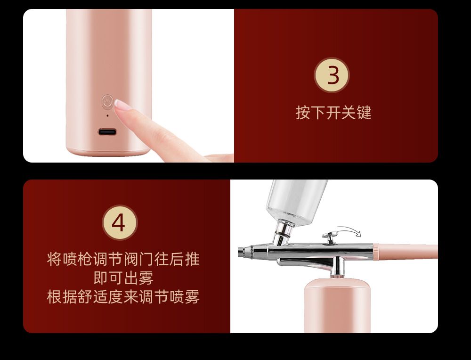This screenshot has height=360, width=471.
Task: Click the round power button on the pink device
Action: point(107,102)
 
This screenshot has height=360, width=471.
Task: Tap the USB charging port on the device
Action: point(107,131)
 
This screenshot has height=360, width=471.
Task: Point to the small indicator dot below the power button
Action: point(107,116)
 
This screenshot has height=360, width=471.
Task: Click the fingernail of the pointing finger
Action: point(122,105)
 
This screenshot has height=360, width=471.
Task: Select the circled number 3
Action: point(332,75)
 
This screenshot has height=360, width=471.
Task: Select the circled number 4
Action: point(120,223)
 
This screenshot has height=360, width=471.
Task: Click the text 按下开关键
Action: point(333,113)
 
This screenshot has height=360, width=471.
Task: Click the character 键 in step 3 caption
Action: point(364,113)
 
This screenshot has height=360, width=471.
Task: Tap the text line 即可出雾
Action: point(123,278)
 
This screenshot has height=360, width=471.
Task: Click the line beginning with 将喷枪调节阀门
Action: point(123,259)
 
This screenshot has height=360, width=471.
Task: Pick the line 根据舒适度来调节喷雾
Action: point(123,297)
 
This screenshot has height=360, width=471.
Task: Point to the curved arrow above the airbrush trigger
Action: point(349,231)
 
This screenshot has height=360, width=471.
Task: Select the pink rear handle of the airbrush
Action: point(406,252)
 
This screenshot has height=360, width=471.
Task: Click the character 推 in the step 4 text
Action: point(192,259)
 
